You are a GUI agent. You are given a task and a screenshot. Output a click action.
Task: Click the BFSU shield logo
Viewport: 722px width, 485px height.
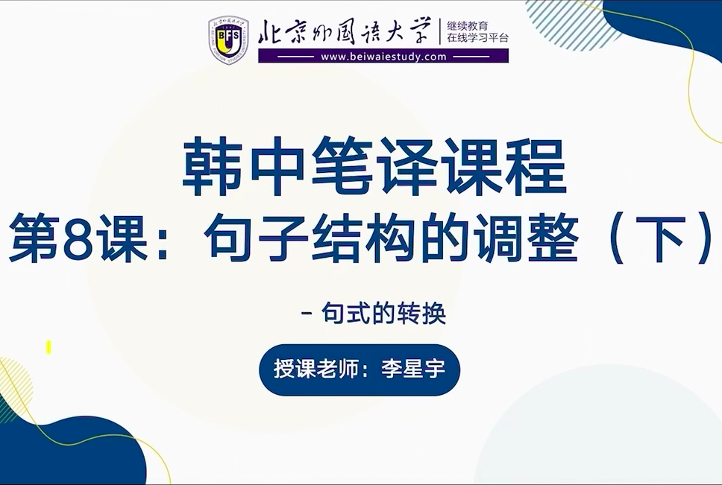coord(228,39)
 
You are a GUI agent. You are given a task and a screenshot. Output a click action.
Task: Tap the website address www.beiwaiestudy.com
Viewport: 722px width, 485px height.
coord(383,57)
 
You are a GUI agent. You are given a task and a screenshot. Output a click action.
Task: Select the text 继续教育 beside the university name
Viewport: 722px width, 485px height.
coord(468,26)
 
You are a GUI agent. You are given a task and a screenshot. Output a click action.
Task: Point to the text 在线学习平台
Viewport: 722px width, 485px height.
coord(478,38)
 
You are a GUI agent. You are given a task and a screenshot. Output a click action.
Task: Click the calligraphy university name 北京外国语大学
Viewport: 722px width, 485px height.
coord(345,31)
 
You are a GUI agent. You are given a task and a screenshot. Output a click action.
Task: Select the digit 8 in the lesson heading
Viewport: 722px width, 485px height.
coord(76,239)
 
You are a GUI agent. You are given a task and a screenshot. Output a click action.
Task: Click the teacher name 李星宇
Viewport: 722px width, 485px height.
coord(413,369)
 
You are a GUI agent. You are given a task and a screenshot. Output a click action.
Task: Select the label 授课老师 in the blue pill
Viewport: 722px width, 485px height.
coord(316,369)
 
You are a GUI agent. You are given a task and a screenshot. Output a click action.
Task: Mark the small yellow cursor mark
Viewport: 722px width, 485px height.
coord(48,347)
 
